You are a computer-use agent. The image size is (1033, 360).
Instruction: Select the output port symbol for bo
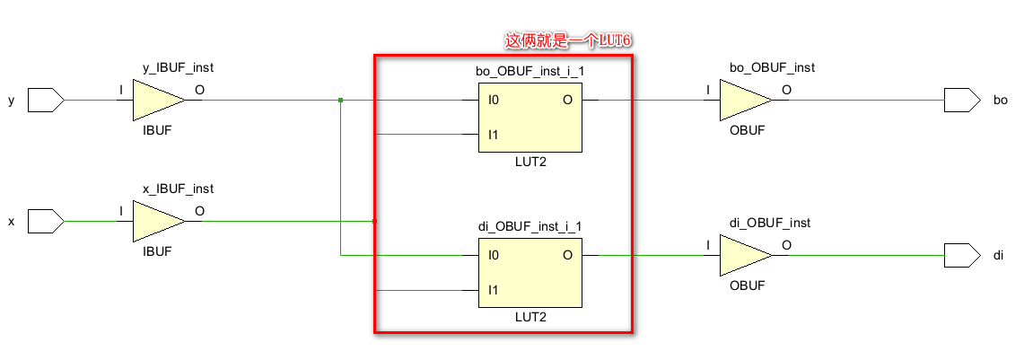[961, 100]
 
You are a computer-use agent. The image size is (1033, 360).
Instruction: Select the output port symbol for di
[961, 256]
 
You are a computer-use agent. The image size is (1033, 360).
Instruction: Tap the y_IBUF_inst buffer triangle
[157, 100]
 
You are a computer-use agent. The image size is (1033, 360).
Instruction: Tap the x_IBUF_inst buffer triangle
[157, 221]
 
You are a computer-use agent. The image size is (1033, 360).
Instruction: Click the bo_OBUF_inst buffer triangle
[743, 100]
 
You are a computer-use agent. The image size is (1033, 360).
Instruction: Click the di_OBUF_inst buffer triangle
[743, 256]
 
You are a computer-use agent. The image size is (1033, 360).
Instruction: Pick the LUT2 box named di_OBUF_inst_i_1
[529, 273]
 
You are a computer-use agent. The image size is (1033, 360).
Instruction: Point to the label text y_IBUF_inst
[178, 67]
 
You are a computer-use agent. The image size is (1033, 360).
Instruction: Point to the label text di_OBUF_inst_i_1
[529, 226]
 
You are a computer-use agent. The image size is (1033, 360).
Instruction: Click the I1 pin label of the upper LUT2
[493, 135]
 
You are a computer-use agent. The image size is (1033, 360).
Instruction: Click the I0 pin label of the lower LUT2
[493, 256]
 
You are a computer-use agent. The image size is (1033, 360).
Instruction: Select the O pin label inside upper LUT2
[567, 100]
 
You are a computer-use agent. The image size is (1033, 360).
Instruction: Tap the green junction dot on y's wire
[341, 100]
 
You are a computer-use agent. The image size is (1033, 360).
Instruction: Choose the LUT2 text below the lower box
[529, 317]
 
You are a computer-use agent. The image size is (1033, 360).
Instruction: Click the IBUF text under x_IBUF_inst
[157, 252]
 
